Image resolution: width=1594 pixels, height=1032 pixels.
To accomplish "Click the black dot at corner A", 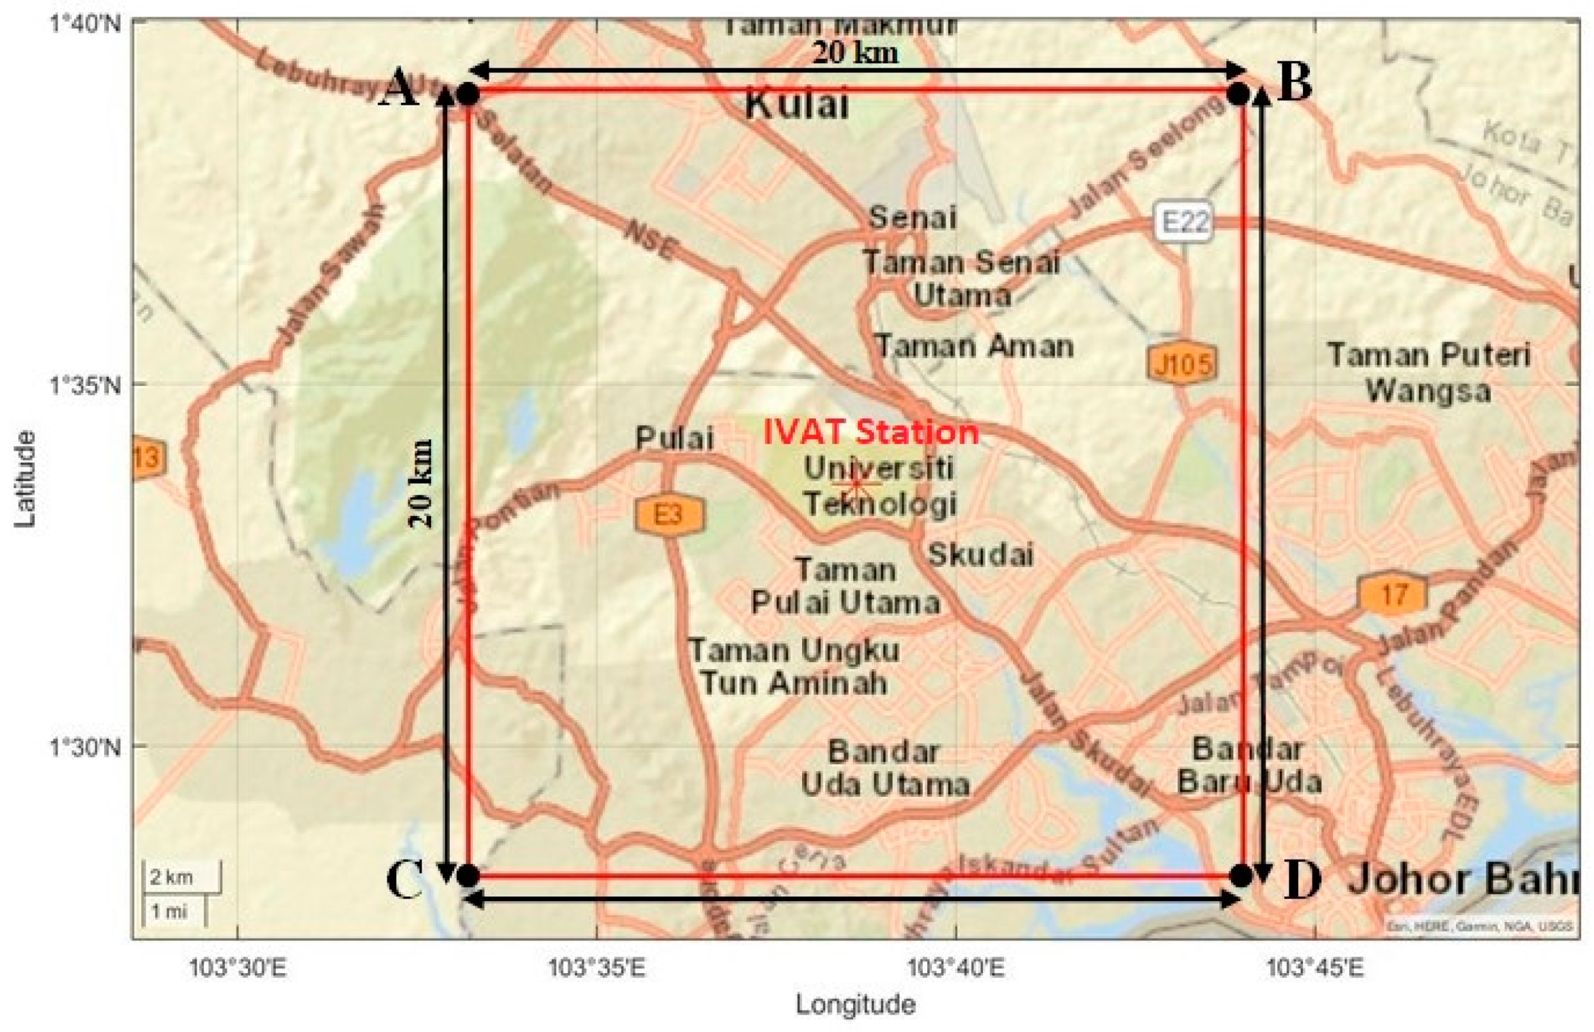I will (468, 95).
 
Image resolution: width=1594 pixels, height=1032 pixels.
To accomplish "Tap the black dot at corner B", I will (1239, 95).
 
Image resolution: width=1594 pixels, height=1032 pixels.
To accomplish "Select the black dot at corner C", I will (468, 875).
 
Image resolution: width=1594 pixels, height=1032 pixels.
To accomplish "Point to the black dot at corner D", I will (1240, 875).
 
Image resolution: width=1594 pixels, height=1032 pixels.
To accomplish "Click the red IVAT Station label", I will (870, 432).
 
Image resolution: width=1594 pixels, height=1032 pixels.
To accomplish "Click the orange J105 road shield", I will (1182, 364).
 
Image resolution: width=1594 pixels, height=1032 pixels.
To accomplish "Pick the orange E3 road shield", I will (669, 514).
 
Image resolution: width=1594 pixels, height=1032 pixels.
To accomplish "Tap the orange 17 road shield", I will (1393, 594).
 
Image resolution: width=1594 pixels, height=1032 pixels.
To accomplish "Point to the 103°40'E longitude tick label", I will (956, 968).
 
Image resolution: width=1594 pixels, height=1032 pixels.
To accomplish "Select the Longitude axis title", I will (855, 1004).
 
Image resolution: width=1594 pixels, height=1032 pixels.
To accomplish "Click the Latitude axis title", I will (25, 479).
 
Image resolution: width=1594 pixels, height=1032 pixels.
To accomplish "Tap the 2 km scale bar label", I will (171, 877).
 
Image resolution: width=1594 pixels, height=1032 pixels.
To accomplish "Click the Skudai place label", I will (980, 555).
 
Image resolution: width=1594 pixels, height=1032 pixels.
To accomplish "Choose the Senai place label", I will (912, 219).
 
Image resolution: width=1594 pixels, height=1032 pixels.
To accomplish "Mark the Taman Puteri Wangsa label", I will (1429, 373).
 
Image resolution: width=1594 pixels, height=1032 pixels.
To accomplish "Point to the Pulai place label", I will (674, 438).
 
